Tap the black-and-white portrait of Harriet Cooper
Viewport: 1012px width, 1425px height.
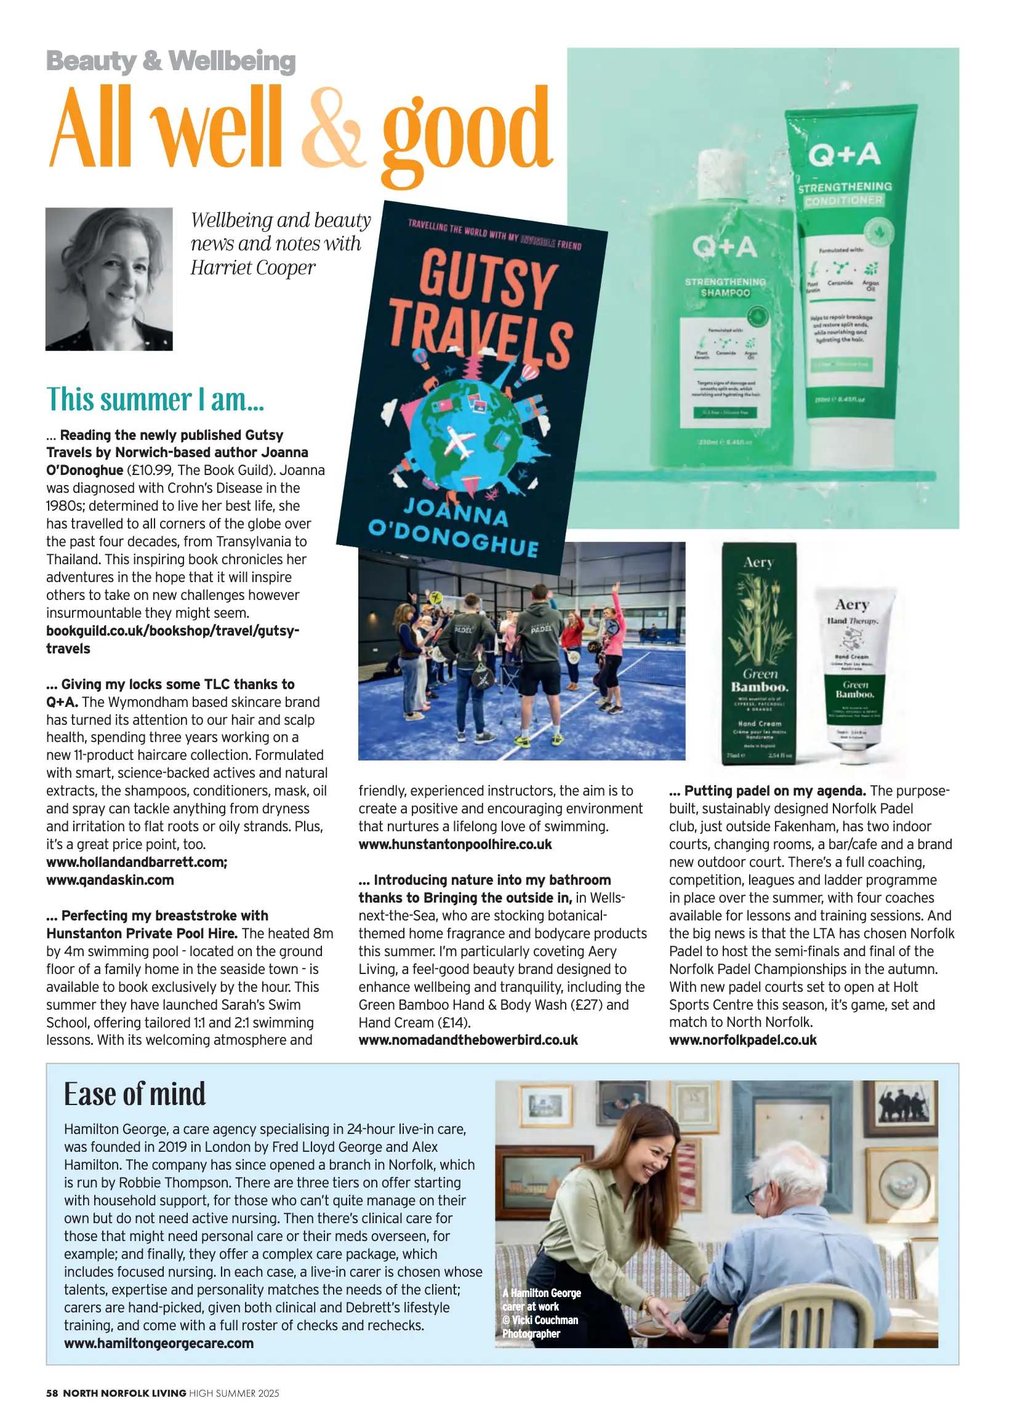tap(109, 278)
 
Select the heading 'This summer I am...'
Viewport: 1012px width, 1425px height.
tap(155, 400)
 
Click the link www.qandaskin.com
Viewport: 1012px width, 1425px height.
tap(110, 880)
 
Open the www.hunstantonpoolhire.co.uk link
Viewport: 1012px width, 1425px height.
tap(455, 845)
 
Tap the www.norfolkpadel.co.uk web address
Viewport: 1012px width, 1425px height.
tap(743, 1040)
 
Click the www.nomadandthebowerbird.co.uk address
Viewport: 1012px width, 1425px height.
tap(468, 1040)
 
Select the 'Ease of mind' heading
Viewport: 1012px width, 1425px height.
tap(135, 1095)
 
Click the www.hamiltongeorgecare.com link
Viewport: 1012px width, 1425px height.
tap(159, 1343)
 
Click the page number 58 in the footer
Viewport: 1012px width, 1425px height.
tap(52, 1393)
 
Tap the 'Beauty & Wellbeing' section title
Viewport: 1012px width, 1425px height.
tap(171, 61)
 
